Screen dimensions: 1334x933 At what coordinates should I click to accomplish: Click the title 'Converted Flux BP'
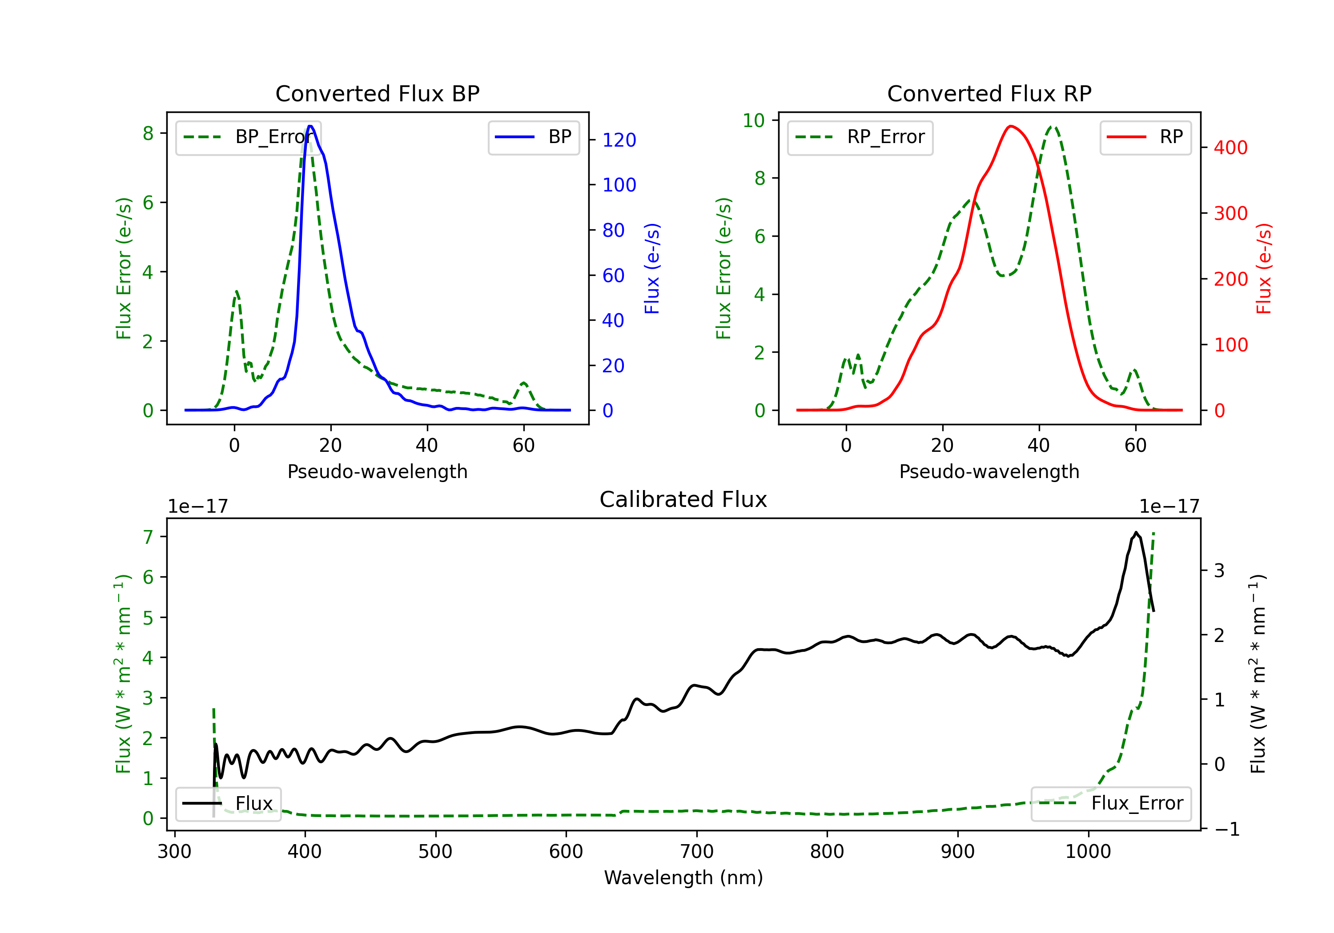coord(377,93)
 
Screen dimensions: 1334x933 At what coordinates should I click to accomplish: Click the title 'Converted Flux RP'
coord(989,93)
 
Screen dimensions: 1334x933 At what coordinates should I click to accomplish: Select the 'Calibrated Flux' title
coord(683,499)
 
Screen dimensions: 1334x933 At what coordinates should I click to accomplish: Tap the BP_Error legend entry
coord(248,137)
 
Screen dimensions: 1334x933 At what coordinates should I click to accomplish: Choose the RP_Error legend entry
coord(860,137)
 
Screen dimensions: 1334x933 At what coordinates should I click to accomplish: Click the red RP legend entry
coord(1145,137)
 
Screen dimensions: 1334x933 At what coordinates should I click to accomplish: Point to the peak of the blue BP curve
coord(310,126)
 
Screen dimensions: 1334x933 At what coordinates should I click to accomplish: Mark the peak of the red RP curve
coord(1012,126)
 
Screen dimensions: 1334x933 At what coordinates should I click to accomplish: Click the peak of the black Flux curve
coord(1135,532)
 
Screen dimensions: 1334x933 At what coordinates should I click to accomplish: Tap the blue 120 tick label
coord(619,140)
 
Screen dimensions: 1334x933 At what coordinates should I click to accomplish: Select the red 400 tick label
coord(1230,148)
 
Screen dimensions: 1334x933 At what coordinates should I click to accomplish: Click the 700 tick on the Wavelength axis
coord(697,851)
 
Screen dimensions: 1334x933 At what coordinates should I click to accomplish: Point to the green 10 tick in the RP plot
coord(754,120)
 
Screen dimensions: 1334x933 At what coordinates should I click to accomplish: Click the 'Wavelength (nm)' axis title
coord(683,877)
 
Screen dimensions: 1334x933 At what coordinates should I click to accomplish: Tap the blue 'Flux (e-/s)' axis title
coord(652,268)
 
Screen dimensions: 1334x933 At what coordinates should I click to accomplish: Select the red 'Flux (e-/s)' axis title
coord(1264,268)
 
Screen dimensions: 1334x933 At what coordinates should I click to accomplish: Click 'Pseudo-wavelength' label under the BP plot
coord(378,471)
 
